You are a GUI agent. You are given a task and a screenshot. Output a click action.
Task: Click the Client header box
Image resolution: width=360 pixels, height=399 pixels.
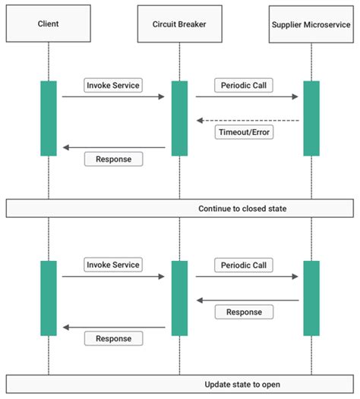click(48, 24)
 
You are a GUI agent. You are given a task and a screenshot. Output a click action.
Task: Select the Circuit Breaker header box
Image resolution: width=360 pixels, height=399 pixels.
click(179, 24)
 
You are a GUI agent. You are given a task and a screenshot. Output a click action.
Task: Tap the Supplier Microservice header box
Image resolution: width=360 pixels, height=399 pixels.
click(311, 24)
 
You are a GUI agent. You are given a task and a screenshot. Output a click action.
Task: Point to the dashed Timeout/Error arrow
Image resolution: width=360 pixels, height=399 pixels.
click(248, 120)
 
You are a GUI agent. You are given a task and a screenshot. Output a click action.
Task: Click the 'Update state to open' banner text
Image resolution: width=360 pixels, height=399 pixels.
click(242, 385)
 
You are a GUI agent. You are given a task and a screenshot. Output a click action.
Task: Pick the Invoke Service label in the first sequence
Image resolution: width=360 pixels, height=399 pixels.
click(112, 85)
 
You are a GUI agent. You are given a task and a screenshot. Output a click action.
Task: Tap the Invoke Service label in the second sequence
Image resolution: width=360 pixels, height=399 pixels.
click(112, 265)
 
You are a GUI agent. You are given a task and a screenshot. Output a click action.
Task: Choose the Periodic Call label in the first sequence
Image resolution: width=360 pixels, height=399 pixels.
click(244, 85)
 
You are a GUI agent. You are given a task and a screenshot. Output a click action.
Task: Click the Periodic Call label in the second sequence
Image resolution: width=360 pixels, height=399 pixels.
click(244, 265)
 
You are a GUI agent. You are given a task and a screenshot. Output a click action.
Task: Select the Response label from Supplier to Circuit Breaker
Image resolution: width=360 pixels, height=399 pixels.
click(244, 312)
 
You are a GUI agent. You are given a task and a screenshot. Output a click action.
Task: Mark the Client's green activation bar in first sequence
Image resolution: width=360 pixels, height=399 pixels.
click(48, 118)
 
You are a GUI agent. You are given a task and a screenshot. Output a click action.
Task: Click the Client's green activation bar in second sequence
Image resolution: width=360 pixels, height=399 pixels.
click(48, 297)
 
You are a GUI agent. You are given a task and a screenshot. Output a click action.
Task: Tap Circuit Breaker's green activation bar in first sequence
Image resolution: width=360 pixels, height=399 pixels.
click(179, 118)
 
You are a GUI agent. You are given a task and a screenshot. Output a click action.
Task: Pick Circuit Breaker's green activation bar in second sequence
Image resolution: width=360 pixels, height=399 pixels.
click(179, 297)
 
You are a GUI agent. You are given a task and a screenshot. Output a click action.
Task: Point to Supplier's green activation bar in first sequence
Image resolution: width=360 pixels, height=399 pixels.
click(311, 118)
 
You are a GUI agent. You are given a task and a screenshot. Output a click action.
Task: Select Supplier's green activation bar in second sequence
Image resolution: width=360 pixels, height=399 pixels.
click(311, 297)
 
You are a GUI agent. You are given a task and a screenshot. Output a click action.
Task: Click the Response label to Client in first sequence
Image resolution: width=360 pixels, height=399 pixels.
click(113, 159)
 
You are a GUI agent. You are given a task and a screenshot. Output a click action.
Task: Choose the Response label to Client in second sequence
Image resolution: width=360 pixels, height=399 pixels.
click(113, 338)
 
